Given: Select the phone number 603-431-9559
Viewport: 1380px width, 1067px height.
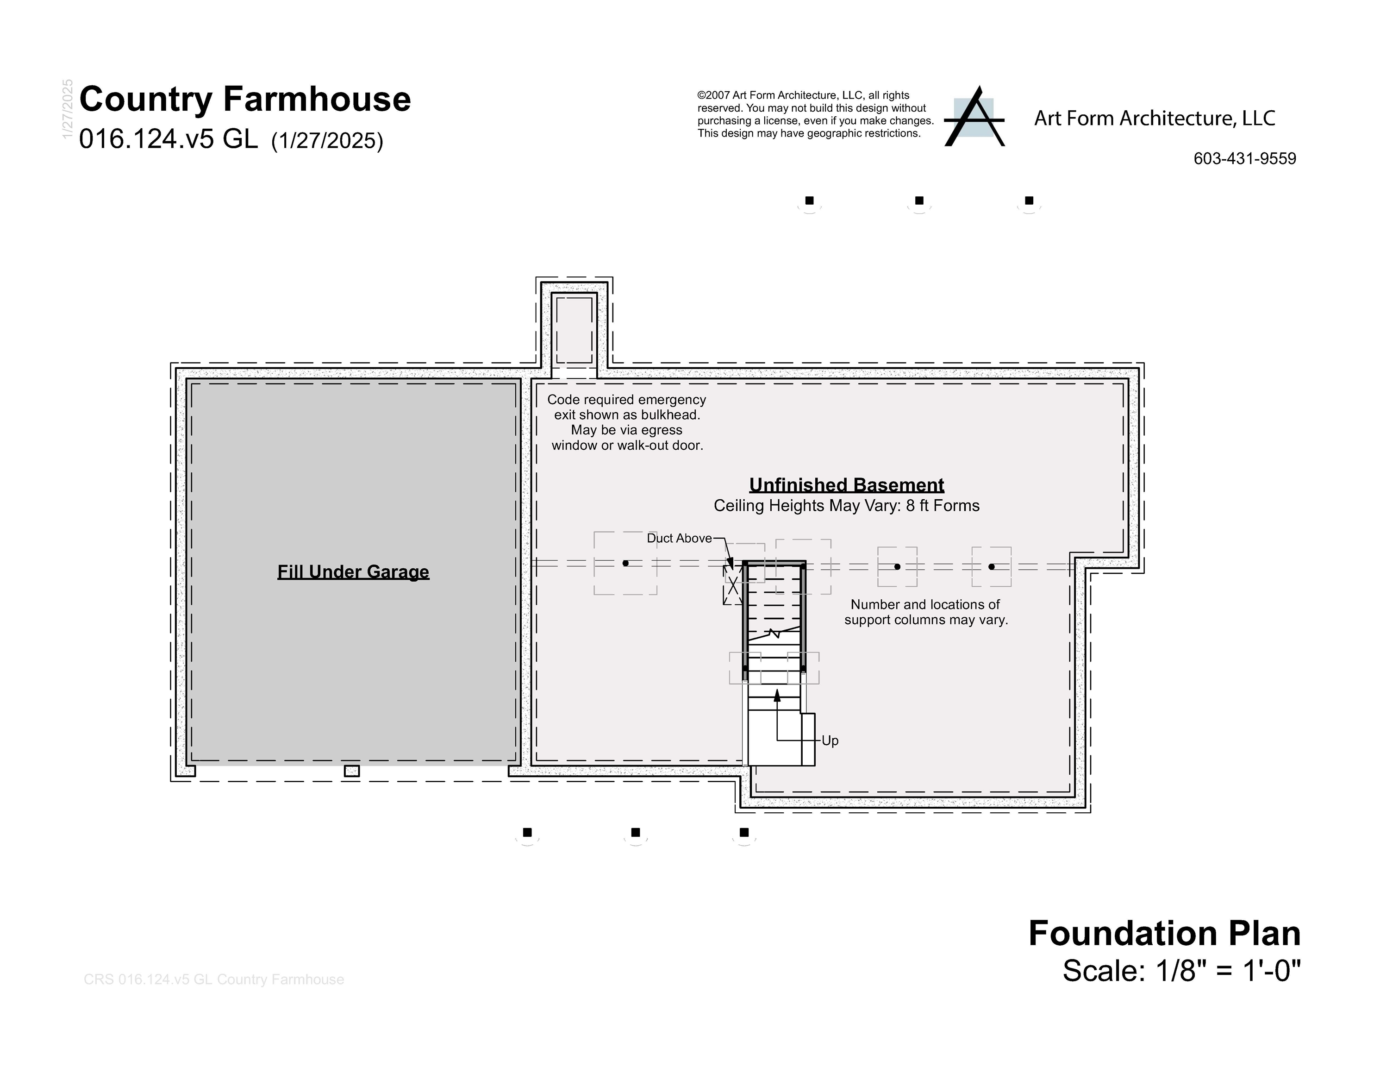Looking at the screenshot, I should point(1244,159).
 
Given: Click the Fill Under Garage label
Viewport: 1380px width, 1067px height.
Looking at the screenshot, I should point(353,571).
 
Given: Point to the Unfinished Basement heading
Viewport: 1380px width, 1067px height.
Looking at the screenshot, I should point(846,485).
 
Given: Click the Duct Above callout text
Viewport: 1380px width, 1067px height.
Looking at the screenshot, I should point(679,539).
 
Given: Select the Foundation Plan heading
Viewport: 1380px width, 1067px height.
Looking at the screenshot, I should point(1164,934).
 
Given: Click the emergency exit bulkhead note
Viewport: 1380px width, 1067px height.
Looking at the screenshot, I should point(627,422).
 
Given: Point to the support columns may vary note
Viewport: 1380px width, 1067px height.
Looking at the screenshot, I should point(926,612).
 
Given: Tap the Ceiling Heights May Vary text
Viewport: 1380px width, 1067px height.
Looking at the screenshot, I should point(846,506).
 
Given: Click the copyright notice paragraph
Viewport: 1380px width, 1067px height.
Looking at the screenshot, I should point(815,114).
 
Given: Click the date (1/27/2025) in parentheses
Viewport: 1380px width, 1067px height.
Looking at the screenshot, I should point(327,141).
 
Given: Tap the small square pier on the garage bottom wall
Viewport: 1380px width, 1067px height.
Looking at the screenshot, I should point(352,771).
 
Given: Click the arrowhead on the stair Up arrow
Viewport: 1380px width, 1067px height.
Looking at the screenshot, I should point(777,695).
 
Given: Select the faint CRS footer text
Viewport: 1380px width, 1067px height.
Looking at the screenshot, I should point(213,979).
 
